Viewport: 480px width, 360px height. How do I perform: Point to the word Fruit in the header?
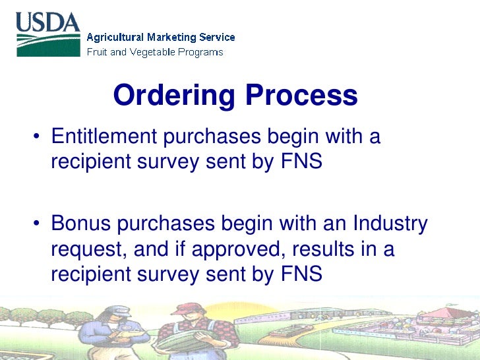pos(98,52)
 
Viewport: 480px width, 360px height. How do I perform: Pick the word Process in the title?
pos(301,96)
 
